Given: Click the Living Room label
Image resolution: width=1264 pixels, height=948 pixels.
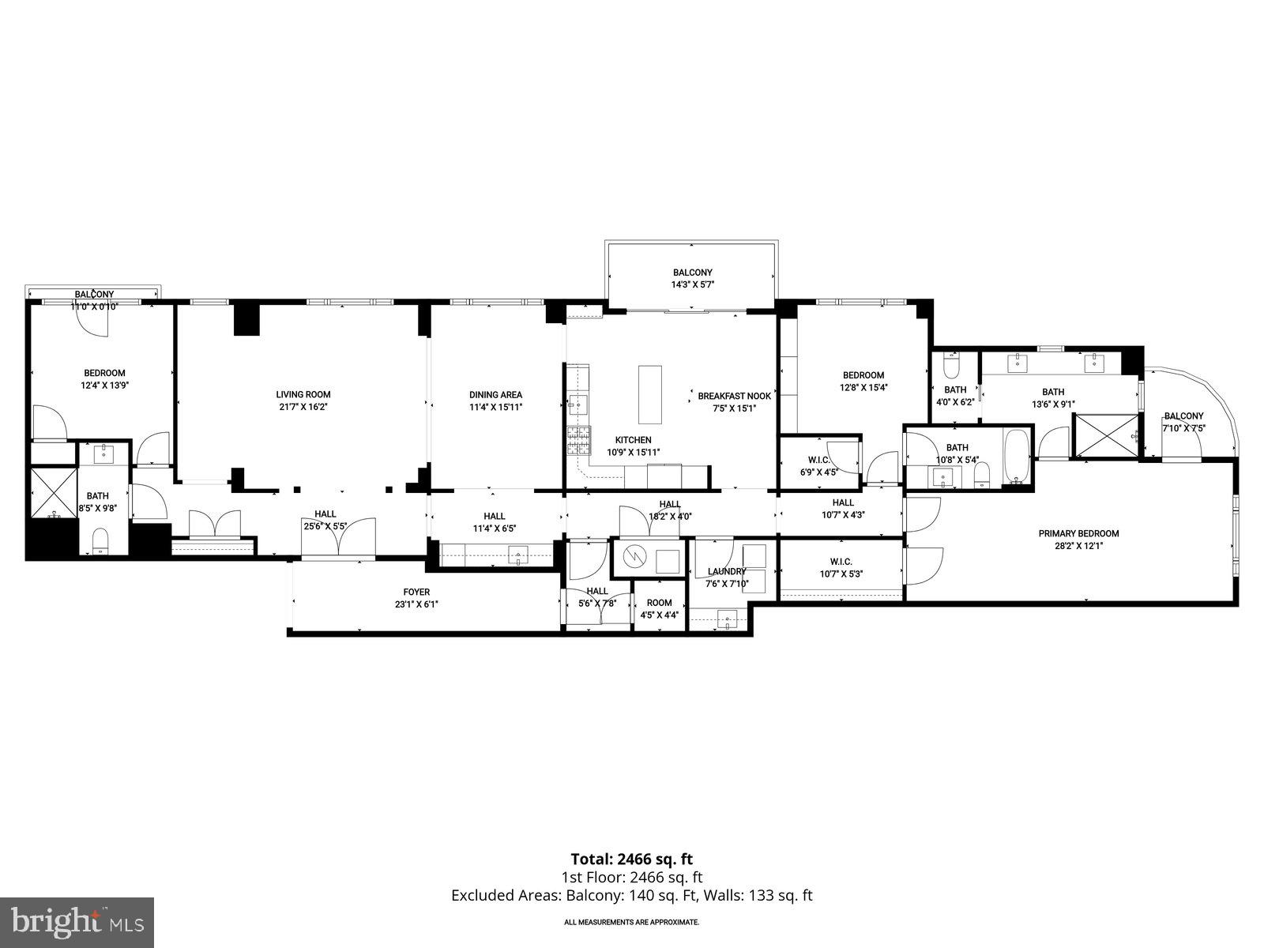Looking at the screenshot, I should [x=303, y=394].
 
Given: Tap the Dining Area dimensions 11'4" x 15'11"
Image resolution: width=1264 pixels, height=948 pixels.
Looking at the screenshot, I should [x=495, y=408].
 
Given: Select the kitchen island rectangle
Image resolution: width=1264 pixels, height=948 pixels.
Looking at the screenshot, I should [x=650, y=394].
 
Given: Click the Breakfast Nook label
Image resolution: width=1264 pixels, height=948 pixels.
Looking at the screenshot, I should [x=734, y=396].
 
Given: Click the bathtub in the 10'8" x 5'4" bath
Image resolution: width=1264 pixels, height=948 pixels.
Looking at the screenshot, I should [x=1016, y=457].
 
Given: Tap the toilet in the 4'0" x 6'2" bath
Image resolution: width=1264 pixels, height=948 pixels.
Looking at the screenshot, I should [x=951, y=369].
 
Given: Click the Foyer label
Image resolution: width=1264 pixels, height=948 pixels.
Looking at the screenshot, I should [x=416, y=592].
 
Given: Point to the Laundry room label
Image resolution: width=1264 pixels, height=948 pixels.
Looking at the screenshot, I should [x=727, y=571].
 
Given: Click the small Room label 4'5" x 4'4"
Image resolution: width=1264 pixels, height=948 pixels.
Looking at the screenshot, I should [x=659, y=603].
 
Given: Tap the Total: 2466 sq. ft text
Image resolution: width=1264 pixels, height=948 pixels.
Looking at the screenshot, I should [x=631, y=859].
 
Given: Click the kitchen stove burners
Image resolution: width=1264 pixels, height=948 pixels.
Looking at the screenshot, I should [x=578, y=439].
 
